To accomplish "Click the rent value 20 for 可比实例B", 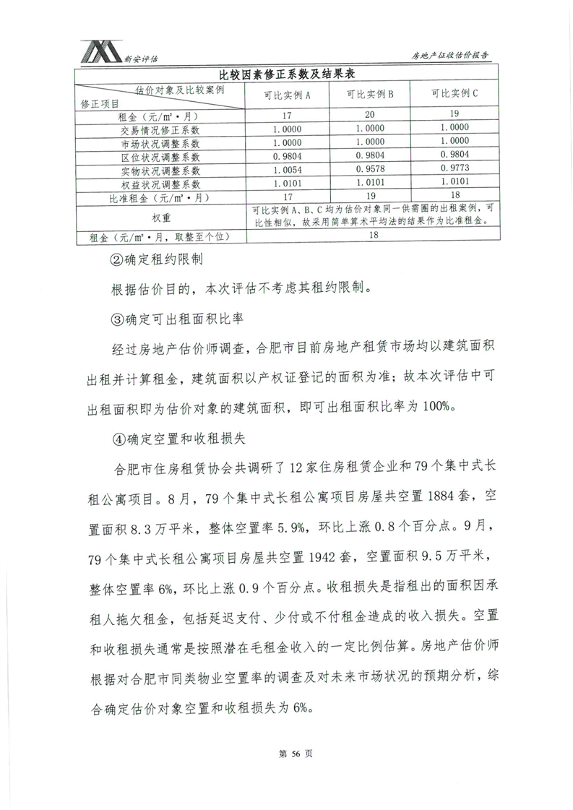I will [369, 115].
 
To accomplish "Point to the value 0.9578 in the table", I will [369, 170].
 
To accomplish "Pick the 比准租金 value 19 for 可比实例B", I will [369, 197].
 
